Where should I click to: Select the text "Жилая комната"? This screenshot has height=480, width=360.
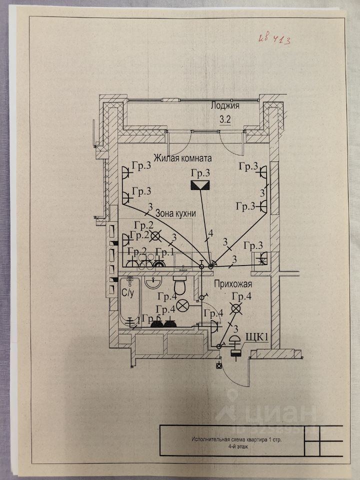(182, 158)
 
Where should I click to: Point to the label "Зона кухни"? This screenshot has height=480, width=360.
(175, 213)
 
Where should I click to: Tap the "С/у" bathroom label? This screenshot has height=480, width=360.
(126, 291)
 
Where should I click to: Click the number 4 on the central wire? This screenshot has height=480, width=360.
(211, 233)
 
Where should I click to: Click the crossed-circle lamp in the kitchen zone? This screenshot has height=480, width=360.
(156, 235)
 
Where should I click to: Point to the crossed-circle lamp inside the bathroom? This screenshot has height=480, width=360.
(183, 303)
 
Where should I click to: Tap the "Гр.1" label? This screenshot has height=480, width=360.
(164, 251)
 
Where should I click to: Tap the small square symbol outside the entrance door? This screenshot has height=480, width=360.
(219, 365)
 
